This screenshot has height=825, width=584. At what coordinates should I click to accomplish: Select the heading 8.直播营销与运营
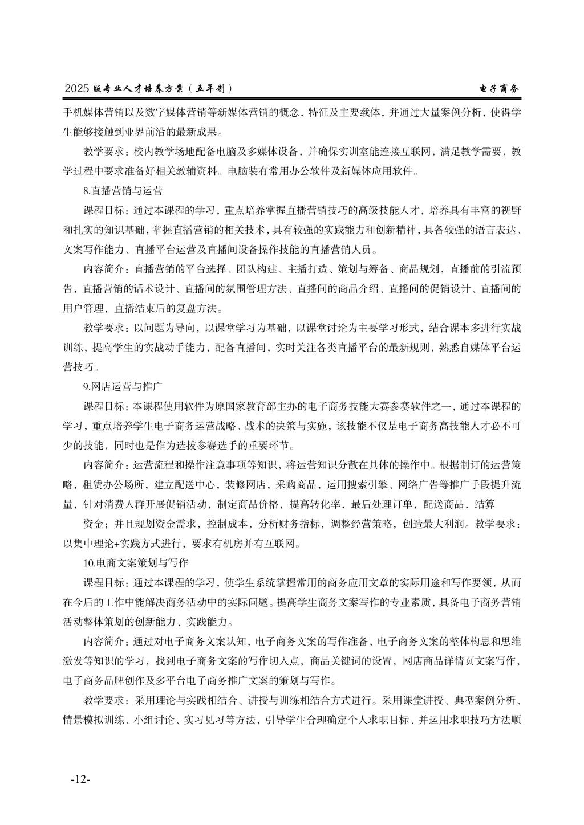click(x=123, y=190)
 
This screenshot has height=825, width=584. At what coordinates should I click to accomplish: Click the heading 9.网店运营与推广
click(x=123, y=386)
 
